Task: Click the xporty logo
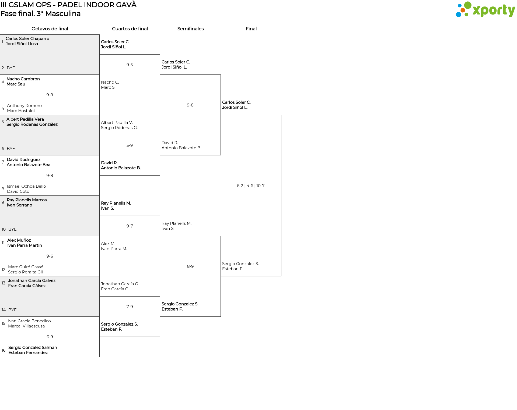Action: pyautogui.click(x=485, y=10)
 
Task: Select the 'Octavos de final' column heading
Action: pyautogui.click(x=50, y=29)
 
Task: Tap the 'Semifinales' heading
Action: pyautogui.click(x=190, y=29)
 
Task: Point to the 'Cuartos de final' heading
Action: pyautogui.click(x=130, y=29)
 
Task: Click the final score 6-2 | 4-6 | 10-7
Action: pyautogui.click(x=251, y=186)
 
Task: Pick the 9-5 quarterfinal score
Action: pyautogui.click(x=130, y=65)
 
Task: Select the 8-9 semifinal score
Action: pyautogui.click(x=190, y=266)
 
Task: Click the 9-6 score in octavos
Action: pyautogui.click(x=50, y=256)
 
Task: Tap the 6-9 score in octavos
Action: pyautogui.click(x=50, y=337)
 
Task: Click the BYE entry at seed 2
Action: pyautogui.click(x=11, y=68)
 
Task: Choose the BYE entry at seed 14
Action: pyautogui.click(x=12, y=310)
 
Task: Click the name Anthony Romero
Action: pyautogui.click(x=24, y=106)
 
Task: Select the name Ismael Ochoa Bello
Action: pyautogui.click(x=26, y=186)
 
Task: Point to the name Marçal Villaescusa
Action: pyautogui.click(x=26, y=326)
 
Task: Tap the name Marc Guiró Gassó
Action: pyautogui.click(x=26, y=267)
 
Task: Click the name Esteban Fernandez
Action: pyautogui.click(x=28, y=353)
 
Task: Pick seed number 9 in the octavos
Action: pyautogui.click(x=3, y=202)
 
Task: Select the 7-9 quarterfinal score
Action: pyautogui.click(x=130, y=307)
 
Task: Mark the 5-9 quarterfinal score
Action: pyautogui.click(x=130, y=145)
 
